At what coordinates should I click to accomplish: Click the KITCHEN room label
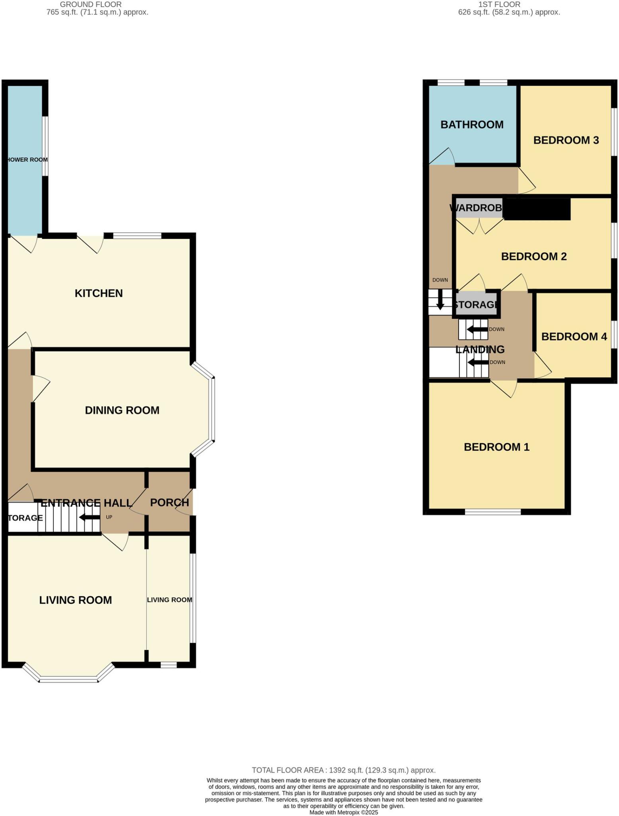click(x=99, y=293)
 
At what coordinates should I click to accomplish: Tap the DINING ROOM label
click(x=122, y=410)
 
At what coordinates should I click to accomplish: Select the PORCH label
click(x=169, y=502)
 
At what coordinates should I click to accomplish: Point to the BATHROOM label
click(x=472, y=125)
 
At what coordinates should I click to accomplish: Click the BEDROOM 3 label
click(x=566, y=140)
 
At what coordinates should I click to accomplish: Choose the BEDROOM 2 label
click(x=533, y=257)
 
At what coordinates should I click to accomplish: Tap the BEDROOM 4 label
click(x=574, y=337)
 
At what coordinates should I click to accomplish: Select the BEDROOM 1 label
click(x=496, y=447)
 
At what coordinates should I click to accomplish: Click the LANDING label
click(x=480, y=349)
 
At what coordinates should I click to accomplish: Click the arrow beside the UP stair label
click(x=90, y=518)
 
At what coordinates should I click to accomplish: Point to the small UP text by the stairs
click(x=109, y=517)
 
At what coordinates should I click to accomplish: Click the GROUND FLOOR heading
click(x=91, y=4)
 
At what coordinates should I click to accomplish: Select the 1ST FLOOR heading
click(x=499, y=4)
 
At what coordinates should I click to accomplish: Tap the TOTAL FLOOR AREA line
click(x=344, y=770)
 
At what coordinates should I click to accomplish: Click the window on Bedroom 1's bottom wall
click(x=493, y=512)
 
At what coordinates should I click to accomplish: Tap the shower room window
click(x=45, y=146)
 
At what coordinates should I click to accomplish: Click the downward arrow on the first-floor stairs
click(x=440, y=300)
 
